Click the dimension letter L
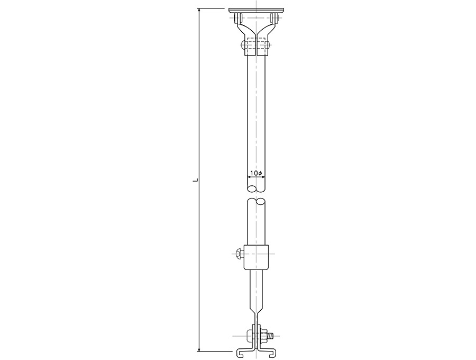(x=197, y=180)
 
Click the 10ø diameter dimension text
(x=256, y=173)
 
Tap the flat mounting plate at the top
(x=256, y=11)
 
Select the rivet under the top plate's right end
(x=274, y=19)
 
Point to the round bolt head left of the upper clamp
(x=243, y=46)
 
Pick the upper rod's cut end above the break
(x=256, y=188)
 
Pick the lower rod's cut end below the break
(x=256, y=201)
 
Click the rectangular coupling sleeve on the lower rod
(x=256, y=257)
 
